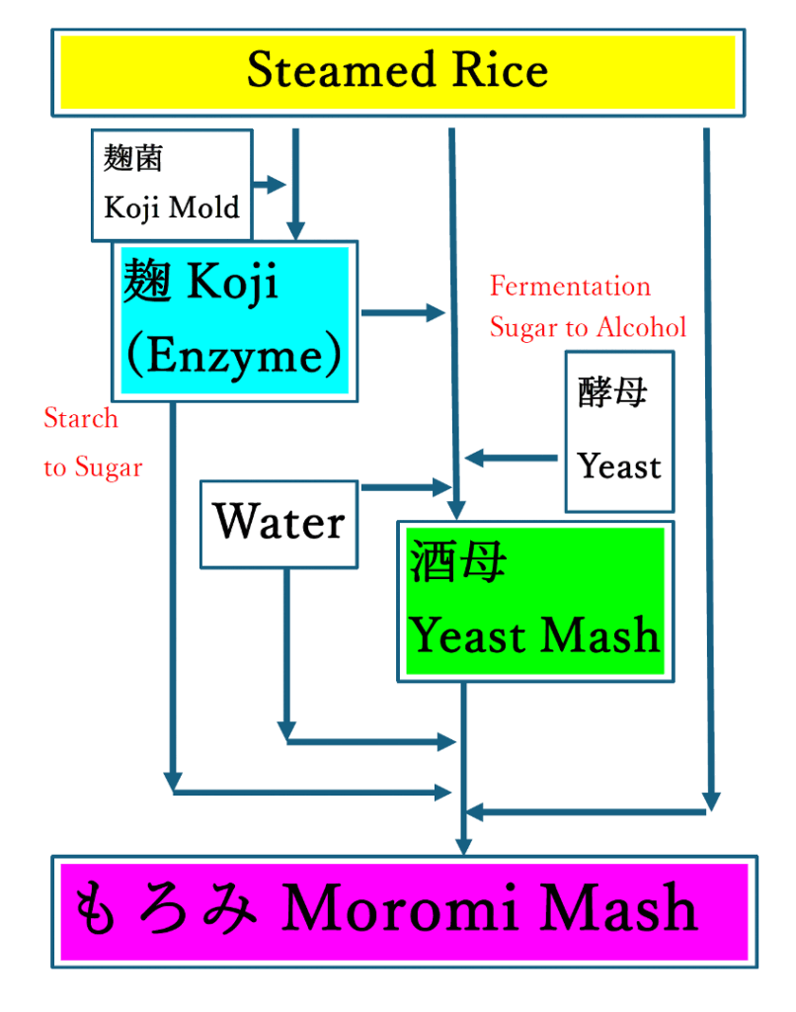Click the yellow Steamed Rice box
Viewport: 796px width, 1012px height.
[398, 72]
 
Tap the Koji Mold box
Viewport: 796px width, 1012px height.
[171, 185]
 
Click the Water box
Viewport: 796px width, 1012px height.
[279, 523]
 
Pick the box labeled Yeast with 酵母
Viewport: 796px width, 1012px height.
[619, 431]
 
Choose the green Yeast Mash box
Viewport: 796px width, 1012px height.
[535, 601]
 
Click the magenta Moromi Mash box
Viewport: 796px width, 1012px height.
[404, 910]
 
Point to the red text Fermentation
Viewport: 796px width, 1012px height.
[570, 287]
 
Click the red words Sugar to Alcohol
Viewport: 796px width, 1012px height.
[588, 327]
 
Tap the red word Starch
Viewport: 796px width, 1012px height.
[80, 418]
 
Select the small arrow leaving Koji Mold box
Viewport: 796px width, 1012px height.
[269, 184]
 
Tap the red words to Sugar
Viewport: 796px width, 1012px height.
[93, 466]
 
